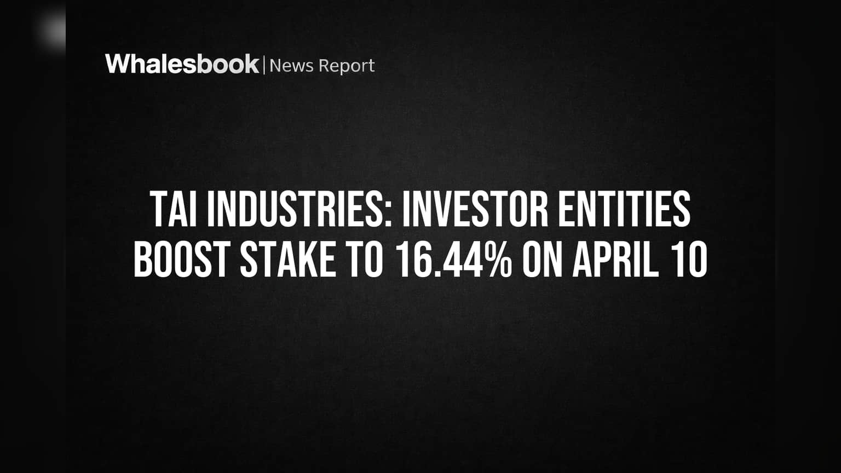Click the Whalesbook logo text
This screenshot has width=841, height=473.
(x=182, y=64)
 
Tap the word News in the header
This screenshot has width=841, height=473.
(x=291, y=66)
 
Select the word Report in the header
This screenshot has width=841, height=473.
(x=347, y=66)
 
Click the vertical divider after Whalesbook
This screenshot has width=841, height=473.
(x=264, y=65)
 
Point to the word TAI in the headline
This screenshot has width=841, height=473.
(x=174, y=209)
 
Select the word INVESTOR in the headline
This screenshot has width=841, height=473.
(x=475, y=209)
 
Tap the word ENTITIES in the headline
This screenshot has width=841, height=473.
(x=624, y=209)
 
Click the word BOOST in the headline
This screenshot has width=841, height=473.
(x=182, y=259)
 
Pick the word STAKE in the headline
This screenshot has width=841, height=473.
(x=288, y=259)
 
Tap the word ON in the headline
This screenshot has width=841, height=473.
(x=543, y=259)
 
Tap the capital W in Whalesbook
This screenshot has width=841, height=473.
(x=119, y=64)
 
